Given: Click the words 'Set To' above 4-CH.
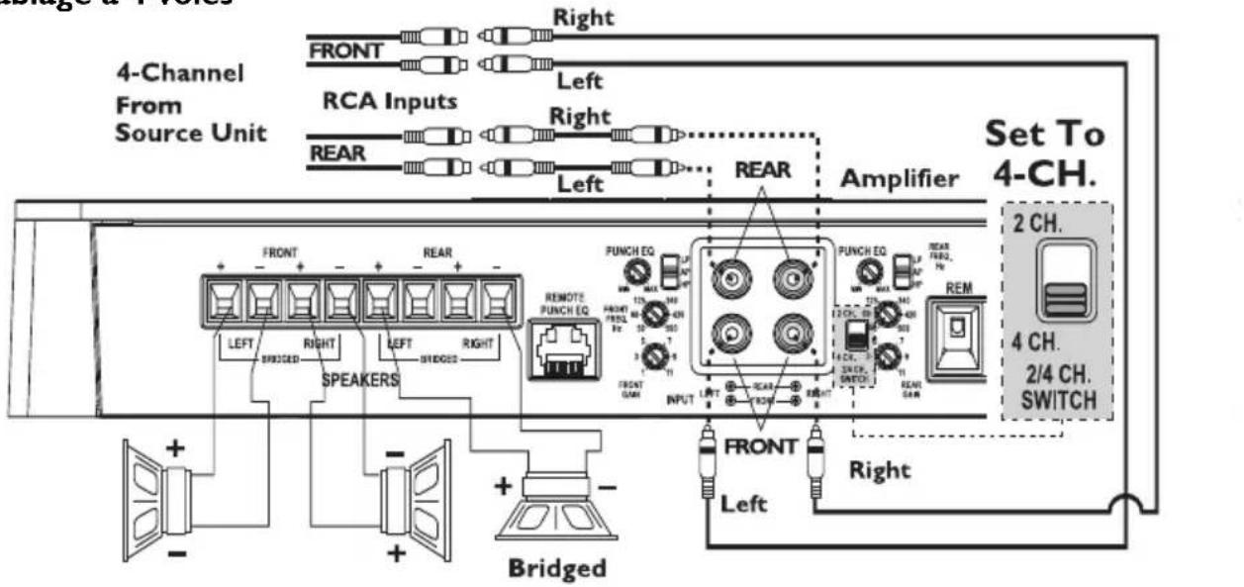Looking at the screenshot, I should click(1044, 136).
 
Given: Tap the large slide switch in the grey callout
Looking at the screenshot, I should click(1063, 282).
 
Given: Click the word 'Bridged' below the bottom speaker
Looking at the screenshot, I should click(556, 569).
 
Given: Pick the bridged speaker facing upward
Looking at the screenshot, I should click(555, 509).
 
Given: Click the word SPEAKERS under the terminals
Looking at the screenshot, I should click(362, 379).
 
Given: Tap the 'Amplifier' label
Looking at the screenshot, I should click(899, 178).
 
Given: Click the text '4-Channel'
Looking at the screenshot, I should click(180, 74).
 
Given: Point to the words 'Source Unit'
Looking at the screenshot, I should click(190, 133).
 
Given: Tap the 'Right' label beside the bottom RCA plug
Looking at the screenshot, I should click(880, 469).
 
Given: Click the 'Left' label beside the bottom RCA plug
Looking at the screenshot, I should click(743, 504).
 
